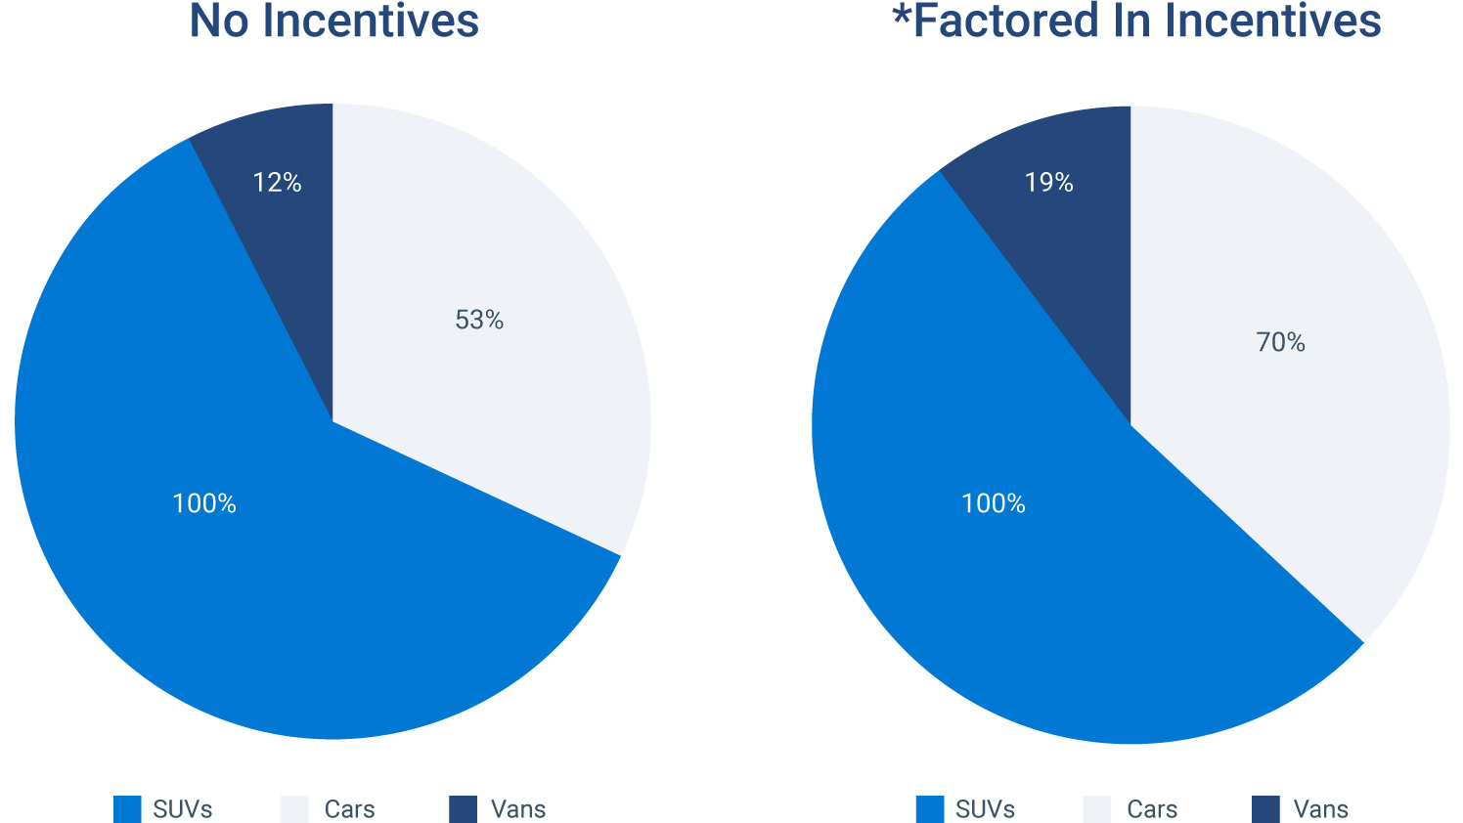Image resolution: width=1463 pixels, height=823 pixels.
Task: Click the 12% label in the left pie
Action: (277, 183)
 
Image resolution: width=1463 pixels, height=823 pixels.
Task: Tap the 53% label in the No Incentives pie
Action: (479, 321)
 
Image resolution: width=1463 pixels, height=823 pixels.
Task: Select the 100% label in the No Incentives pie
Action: (204, 503)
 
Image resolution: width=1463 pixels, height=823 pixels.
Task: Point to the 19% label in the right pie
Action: (1049, 183)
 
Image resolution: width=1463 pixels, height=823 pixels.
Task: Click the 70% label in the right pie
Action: (1281, 342)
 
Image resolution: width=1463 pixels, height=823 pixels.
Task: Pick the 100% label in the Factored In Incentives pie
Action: (994, 503)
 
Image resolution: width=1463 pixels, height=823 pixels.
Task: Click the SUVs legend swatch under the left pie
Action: (128, 809)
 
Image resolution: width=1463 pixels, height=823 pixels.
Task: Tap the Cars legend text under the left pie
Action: (349, 809)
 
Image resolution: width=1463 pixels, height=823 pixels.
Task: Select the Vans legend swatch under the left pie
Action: (464, 809)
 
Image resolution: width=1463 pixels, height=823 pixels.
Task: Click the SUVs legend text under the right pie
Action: (985, 809)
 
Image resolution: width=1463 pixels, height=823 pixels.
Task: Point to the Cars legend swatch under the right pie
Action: (1097, 809)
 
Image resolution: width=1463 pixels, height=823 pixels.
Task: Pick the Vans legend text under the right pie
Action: (1320, 809)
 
